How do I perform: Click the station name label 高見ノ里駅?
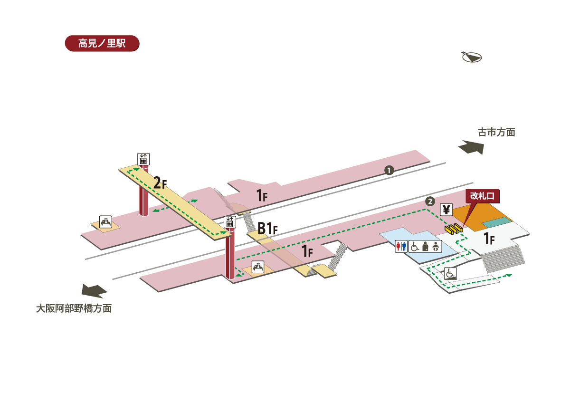102,43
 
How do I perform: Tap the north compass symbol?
472,57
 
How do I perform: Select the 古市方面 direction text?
496,133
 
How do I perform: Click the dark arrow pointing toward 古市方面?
471,147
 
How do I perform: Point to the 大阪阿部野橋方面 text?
74,308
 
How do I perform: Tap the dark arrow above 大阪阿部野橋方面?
95,290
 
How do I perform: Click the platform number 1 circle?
389,170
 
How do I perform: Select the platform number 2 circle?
430,201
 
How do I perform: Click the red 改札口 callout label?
482,195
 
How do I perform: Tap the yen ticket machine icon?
446,210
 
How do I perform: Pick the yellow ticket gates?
454,229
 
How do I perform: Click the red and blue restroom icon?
401,246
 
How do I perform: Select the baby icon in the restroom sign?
436,246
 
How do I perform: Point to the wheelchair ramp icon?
450,273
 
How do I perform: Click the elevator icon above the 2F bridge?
143,159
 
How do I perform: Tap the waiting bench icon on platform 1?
105,221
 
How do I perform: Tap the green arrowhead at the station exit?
509,275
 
